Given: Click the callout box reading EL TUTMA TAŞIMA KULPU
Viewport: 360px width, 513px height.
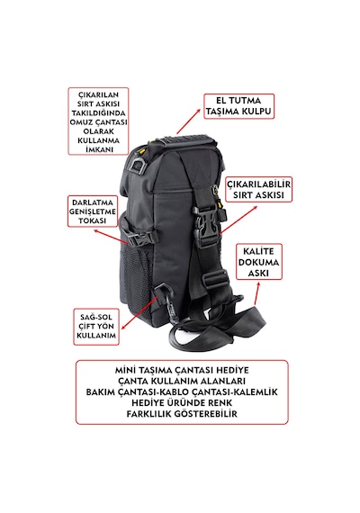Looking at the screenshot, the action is tap(238, 106).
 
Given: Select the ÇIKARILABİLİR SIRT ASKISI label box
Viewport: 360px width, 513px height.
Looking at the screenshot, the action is tap(258, 190).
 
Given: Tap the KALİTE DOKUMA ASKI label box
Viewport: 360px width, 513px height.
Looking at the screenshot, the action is tap(258, 262).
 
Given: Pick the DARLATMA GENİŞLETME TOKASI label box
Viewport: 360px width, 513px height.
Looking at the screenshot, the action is tap(93, 211).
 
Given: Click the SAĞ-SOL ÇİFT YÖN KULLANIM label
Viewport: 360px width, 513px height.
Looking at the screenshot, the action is tap(96, 326).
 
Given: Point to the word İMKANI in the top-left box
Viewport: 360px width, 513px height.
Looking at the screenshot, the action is tap(99, 149).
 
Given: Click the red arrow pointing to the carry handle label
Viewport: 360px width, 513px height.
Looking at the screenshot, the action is tap(188, 121).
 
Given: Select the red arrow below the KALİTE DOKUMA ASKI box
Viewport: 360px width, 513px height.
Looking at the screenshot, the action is tap(256, 293).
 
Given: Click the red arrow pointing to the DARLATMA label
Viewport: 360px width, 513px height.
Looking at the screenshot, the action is tap(112, 237).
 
